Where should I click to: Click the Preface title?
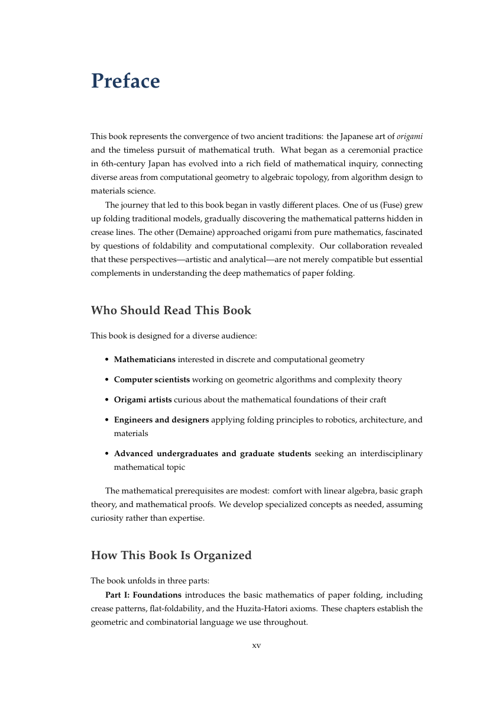(x=125, y=81)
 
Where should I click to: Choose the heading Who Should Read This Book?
(x=171, y=311)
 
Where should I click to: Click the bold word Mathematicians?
(x=144, y=360)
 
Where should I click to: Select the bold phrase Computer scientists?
(x=152, y=380)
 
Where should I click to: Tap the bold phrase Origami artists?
(x=142, y=400)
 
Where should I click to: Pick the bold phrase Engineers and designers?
(x=161, y=420)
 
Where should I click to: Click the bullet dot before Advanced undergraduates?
(x=106, y=454)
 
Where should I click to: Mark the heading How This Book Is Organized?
(x=171, y=556)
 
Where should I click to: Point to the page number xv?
(x=257, y=646)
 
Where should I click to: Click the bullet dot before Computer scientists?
(x=106, y=380)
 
